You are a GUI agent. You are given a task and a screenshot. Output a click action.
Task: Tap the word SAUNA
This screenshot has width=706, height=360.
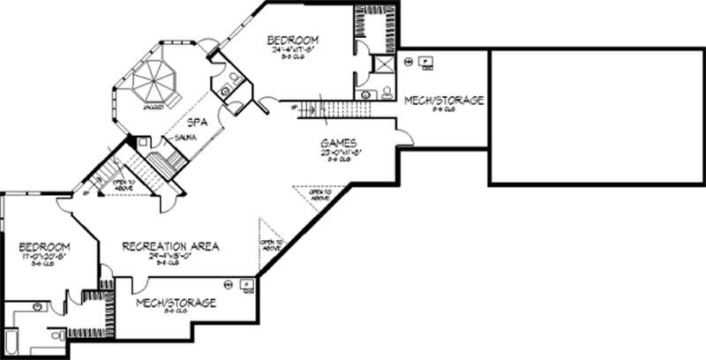tap(184, 139)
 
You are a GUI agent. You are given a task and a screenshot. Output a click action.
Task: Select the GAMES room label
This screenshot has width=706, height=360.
tap(339, 142)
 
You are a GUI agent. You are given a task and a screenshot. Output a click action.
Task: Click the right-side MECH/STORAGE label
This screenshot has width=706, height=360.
tap(444, 101)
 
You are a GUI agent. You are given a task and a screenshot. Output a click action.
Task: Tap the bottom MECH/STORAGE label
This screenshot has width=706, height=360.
tap(176, 303)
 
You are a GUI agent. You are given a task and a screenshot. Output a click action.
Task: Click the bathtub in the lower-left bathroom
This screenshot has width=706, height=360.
tap(10, 341)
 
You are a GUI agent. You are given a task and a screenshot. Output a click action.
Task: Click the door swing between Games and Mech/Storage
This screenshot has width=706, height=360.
tap(403, 137)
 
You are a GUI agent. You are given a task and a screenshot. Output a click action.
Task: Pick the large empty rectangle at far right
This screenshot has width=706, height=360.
tap(596, 116)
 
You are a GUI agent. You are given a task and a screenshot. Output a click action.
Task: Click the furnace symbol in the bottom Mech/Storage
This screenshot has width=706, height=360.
tap(248, 284)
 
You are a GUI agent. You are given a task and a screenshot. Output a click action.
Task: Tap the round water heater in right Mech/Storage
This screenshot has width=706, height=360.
tap(408, 63)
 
